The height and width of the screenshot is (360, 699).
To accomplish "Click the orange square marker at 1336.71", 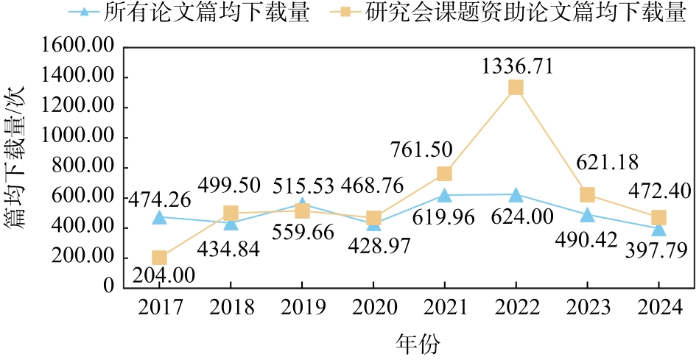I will click(516, 88).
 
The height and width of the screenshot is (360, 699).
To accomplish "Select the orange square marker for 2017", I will click(159, 258).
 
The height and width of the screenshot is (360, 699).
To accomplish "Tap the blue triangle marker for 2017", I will click(159, 216).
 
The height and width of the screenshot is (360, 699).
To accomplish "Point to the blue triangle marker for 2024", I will click(658, 228).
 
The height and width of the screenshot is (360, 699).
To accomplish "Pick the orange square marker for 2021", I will click(444, 174).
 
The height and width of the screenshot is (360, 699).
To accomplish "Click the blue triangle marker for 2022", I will click(516, 194).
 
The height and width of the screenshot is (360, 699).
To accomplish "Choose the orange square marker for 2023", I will click(587, 194).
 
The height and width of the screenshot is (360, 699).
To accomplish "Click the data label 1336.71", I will click(516, 67).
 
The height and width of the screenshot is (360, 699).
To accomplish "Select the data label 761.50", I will click(419, 149).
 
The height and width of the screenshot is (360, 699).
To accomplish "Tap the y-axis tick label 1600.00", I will click(78, 47).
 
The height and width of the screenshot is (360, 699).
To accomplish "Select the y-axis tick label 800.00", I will click(83, 167).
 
